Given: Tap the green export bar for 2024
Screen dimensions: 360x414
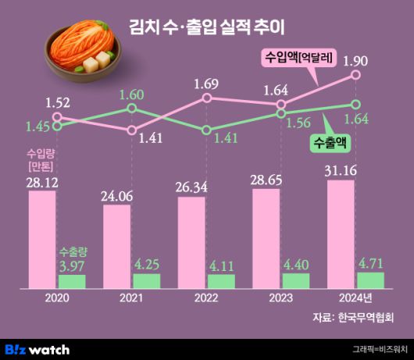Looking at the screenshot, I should [x=370, y=279].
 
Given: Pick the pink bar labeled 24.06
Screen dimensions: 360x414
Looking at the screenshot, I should [x=117, y=245].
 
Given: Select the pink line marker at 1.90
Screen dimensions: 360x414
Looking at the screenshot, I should [x=355, y=76].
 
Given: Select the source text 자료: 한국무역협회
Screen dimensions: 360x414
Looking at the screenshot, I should [x=355, y=318].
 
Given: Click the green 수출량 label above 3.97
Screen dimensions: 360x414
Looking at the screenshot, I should [x=72, y=252].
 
